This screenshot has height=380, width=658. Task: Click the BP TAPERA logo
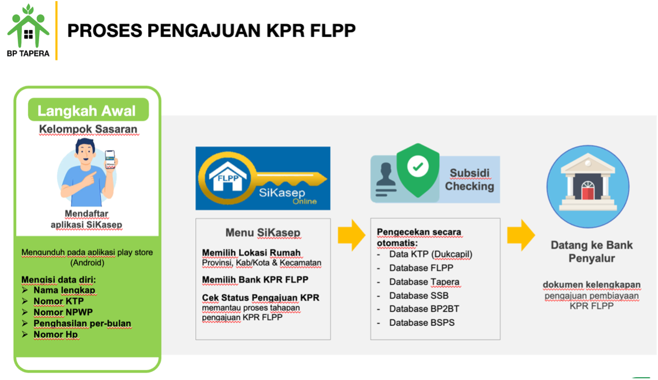point(28,30)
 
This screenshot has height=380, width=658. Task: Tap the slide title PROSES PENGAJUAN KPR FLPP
point(211,31)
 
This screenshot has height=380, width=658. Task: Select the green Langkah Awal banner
point(88,110)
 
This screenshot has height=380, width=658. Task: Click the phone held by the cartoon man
point(110,159)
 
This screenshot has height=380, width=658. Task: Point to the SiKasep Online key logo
point(263,178)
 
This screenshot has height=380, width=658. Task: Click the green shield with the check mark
point(418,170)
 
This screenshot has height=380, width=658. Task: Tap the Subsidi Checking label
point(470,180)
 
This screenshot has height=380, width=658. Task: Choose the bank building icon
point(588,187)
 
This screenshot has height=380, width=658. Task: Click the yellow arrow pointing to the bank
point(521,235)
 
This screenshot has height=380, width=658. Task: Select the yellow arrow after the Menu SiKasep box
point(351,235)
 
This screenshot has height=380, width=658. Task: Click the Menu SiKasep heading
point(263,233)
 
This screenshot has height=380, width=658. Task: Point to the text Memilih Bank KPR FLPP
point(255,280)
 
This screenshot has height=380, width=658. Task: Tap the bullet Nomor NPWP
point(63,313)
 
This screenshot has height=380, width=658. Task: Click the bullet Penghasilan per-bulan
point(82,324)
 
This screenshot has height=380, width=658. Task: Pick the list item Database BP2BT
point(424,309)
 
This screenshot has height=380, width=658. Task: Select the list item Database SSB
point(418,296)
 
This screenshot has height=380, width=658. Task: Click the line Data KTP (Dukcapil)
point(430,254)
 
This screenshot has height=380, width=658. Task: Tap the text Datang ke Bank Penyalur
point(592,252)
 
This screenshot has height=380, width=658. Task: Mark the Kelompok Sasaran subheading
point(88,129)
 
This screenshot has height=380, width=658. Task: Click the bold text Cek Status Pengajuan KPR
point(260,298)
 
